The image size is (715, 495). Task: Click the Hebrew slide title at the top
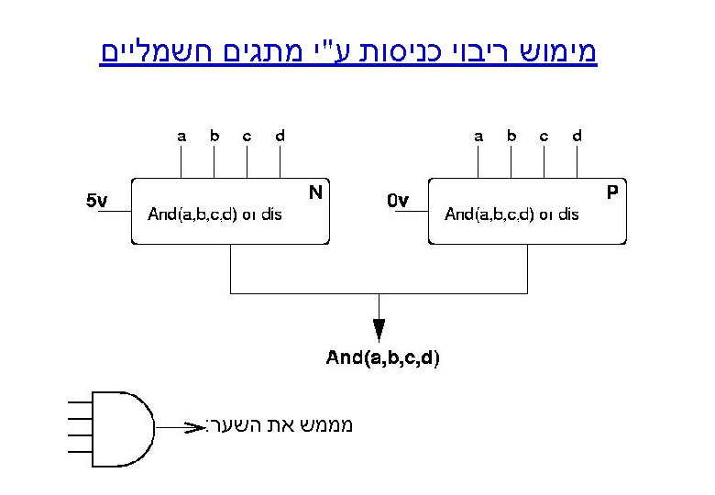(348, 51)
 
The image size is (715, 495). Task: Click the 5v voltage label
(97, 200)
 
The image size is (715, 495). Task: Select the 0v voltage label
(397, 200)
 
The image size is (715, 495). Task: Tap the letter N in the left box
(315, 192)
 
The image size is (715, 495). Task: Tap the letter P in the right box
(612, 192)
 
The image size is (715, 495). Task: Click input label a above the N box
(181, 137)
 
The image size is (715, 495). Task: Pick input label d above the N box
(280, 137)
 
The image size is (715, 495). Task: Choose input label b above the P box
(511, 137)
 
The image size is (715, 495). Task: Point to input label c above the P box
(544, 137)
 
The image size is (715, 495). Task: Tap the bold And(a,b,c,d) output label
(383, 358)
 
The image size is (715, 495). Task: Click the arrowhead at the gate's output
(194, 427)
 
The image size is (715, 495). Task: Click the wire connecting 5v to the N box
(119, 211)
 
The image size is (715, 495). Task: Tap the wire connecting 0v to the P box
(416, 211)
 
